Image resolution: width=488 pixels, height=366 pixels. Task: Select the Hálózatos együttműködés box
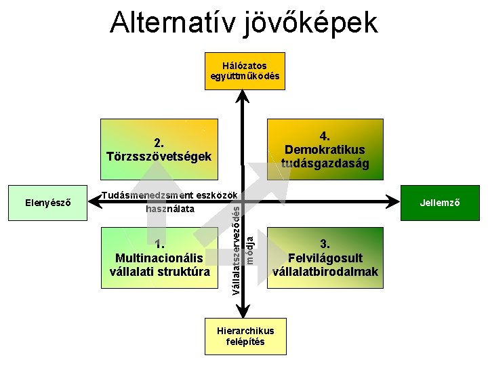245,70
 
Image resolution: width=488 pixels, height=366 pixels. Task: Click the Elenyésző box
47,203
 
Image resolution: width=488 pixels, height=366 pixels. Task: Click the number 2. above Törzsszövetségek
159,143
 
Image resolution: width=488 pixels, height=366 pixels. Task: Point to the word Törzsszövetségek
159,157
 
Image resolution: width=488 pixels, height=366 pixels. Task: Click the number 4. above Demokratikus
325,136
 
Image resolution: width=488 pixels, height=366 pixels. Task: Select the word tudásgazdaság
325,163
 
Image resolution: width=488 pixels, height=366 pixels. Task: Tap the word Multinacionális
159,258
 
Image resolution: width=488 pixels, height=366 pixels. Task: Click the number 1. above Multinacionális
159,245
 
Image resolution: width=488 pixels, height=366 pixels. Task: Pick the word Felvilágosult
325,258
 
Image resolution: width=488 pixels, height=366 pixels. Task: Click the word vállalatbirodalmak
325,272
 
